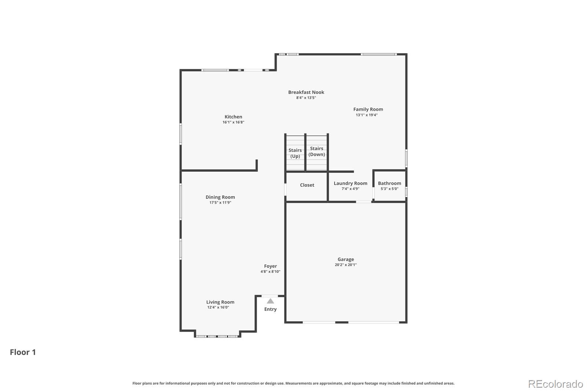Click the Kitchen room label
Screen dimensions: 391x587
point(233,117)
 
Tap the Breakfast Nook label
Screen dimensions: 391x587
point(306,92)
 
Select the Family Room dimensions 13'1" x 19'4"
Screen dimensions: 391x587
point(367,115)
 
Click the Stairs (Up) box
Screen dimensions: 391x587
point(295,153)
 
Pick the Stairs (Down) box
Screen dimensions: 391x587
point(317,151)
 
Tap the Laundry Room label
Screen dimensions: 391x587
point(350,183)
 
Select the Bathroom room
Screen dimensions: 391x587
point(389,186)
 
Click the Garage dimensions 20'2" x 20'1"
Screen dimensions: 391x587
point(346,265)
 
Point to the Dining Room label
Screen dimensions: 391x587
point(220,197)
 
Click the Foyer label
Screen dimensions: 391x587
point(270,266)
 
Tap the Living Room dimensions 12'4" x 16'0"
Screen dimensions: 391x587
point(218,308)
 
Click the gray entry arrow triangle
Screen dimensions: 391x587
point(270,301)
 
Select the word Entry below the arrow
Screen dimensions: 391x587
point(270,309)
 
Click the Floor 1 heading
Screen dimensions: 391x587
point(23,352)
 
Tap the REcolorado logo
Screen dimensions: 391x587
point(555,384)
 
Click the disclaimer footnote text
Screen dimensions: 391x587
point(293,383)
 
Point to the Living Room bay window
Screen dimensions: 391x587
point(217,336)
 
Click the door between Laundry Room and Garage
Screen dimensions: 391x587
point(364,202)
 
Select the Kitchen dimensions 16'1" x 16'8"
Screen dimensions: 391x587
point(233,123)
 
